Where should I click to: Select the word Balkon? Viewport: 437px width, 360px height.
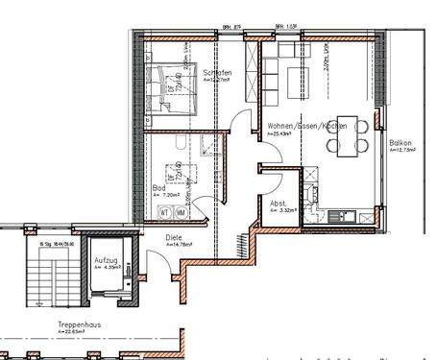pos(401,142)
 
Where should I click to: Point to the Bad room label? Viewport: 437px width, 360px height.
pos(158,188)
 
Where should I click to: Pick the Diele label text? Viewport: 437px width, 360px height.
pos(175,236)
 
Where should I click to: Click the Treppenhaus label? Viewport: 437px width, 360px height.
pos(80,324)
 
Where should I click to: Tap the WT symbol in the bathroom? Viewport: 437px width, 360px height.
pos(164,212)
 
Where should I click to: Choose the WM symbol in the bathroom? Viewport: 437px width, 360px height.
pos(181,212)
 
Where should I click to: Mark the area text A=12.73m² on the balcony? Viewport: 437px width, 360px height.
pos(401,150)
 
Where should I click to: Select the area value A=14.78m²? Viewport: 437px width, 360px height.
pos(181,245)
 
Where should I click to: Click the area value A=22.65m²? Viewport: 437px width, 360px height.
pos(77,332)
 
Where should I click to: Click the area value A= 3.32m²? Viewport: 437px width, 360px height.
pos(282,211)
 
